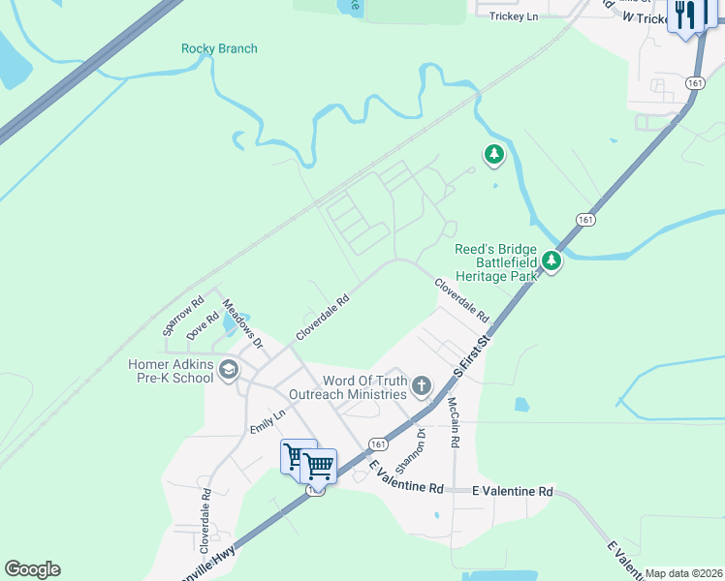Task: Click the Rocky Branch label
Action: coord(219,48)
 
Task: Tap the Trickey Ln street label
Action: coord(514,16)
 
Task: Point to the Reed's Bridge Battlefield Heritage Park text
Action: coord(496,263)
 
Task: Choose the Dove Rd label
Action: coord(203,324)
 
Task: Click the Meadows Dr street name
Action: coord(243,324)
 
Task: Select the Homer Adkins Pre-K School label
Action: coord(171,371)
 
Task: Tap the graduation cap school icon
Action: coord(229,370)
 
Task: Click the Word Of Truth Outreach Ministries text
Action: coord(349,387)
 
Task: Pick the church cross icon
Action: coord(422,386)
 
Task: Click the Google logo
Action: coord(32,569)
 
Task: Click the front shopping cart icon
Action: coord(319,467)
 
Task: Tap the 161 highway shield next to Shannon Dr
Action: coord(378,443)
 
